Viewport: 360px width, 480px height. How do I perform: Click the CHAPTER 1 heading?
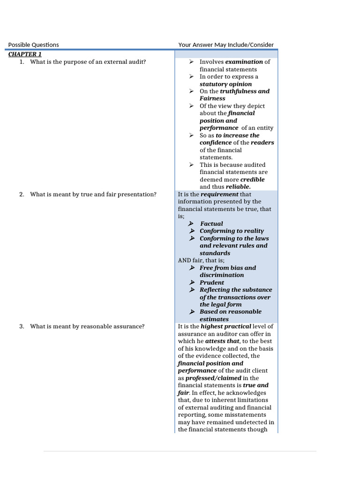click(x=25, y=54)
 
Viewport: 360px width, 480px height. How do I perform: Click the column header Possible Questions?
click(x=34, y=45)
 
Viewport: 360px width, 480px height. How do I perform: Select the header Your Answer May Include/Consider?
click(x=226, y=45)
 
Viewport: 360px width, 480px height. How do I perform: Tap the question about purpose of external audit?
click(x=88, y=61)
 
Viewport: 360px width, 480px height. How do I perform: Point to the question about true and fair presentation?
click(x=93, y=194)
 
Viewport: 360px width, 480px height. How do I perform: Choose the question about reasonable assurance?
click(x=87, y=326)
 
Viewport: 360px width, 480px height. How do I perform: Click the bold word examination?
click(x=244, y=61)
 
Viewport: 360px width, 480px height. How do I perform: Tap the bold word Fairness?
click(x=212, y=98)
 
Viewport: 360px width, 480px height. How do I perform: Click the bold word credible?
click(x=252, y=180)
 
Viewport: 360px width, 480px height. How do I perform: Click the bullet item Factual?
click(x=211, y=224)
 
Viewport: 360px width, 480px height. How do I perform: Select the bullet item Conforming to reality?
click(x=232, y=231)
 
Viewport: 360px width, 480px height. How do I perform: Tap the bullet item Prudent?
click(x=212, y=282)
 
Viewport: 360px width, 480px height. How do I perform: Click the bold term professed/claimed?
click(x=213, y=378)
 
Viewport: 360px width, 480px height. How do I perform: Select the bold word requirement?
click(x=219, y=194)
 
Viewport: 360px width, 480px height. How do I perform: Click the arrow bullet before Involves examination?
click(x=191, y=61)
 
